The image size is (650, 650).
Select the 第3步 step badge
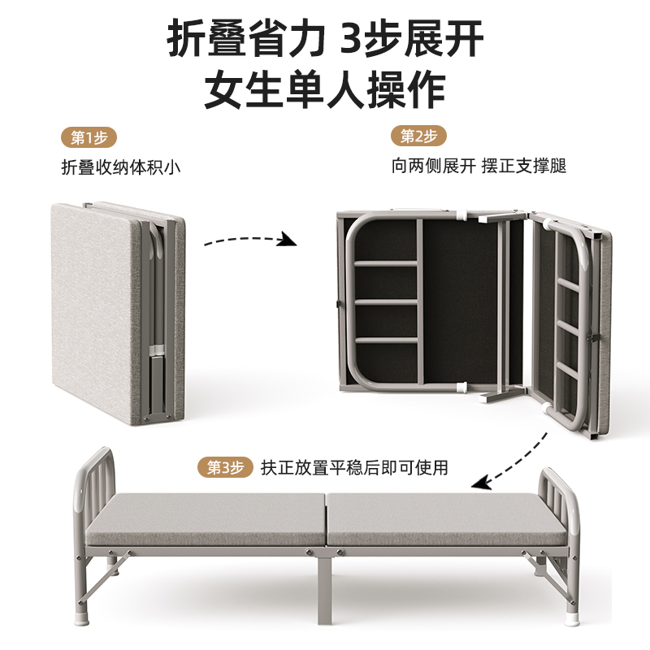click(x=225, y=467)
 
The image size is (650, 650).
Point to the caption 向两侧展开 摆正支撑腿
click(x=479, y=167)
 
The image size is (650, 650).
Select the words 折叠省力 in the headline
click(x=245, y=39)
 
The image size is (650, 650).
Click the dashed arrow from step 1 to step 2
click(x=248, y=240)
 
